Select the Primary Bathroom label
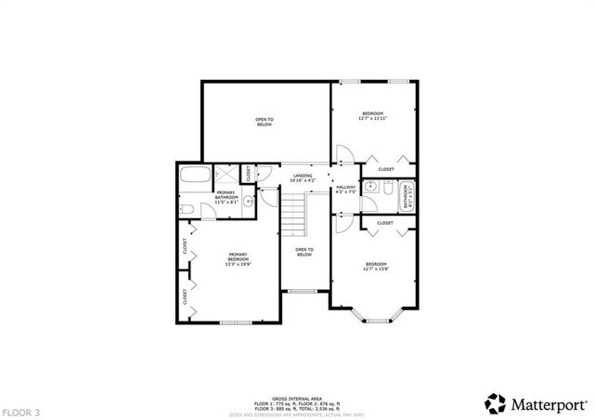(x=226, y=198)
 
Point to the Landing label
(x=303, y=177)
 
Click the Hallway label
(x=345, y=190)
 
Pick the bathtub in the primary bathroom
(x=194, y=175)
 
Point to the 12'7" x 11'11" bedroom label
(x=373, y=116)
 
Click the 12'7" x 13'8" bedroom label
(x=376, y=267)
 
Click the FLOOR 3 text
(x=20, y=410)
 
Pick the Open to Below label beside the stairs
(x=304, y=252)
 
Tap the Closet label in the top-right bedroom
(x=386, y=169)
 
